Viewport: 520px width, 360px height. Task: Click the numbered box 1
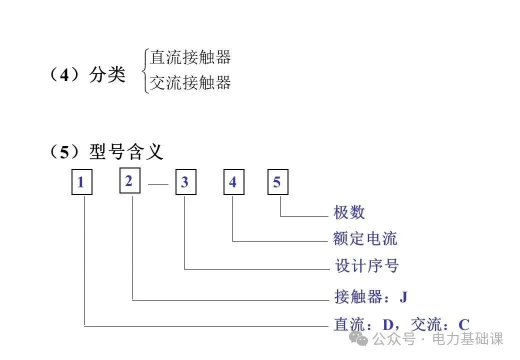pos(81,182)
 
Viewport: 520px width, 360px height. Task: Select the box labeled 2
pos(129,180)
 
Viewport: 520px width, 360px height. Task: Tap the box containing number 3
pos(185,182)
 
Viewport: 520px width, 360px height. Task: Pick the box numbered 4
pos(233,182)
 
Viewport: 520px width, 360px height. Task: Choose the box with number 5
pos(277,182)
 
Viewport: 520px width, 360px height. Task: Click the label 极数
pos(349,212)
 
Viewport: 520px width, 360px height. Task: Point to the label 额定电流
pos(365,238)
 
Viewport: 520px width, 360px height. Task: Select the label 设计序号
pos(366,265)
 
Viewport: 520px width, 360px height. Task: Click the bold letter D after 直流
pos(388,324)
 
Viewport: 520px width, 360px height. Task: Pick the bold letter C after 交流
pos(464,324)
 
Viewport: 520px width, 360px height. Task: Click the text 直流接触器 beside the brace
pos(190,57)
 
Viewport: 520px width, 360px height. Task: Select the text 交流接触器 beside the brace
pos(190,82)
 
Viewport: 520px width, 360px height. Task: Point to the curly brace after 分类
pos(145,70)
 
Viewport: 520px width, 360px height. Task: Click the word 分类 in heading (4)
pos(107,75)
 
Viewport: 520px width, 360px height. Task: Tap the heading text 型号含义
pos(126,151)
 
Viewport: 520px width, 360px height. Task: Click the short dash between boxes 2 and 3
pos(158,184)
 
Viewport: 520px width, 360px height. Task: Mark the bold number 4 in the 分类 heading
pos(65,75)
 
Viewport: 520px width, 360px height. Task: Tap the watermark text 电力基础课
pos(467,339)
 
